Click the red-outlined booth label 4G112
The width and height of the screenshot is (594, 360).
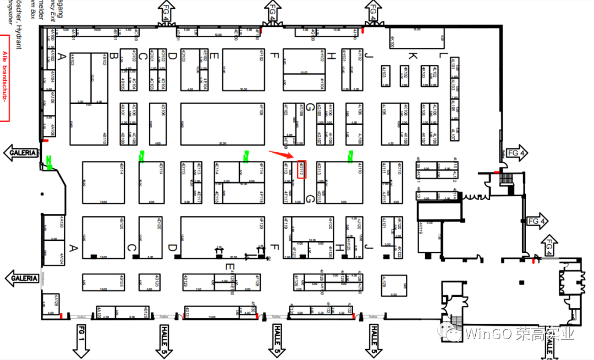click(301, 170)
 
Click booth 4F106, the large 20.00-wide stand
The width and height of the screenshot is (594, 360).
click(222, 123)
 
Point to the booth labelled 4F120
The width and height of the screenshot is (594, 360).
click(222, 236)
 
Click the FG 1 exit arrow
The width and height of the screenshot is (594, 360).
click(81, 339)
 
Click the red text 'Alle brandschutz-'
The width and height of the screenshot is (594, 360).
click(4, 77)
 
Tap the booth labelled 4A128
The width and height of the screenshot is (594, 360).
click(51, 303)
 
